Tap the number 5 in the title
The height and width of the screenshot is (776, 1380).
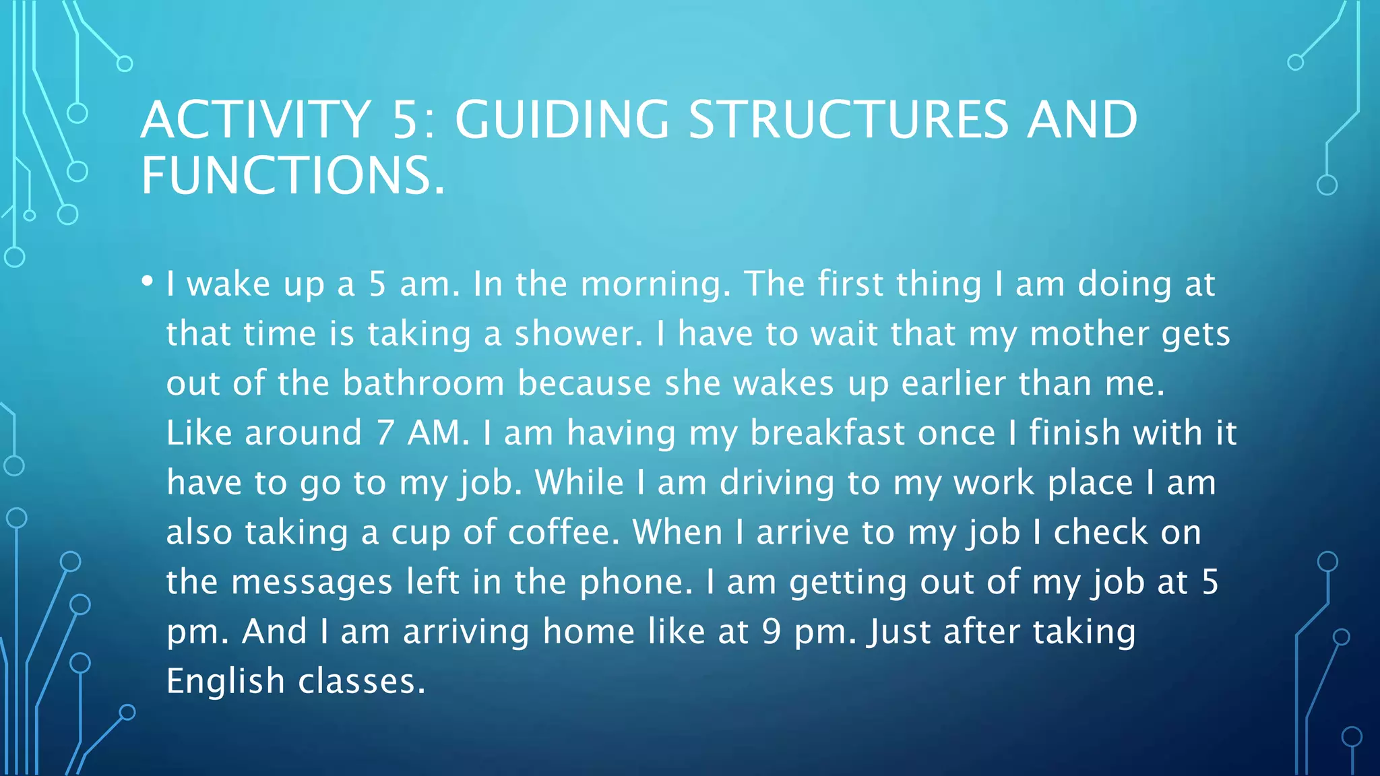tap(406, 120)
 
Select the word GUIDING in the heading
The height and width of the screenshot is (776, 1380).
tap(562, 120)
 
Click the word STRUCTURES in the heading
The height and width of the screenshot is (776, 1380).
tap(848, 120)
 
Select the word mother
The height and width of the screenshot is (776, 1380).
tap(1090, 333)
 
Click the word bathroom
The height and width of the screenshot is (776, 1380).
tap(423, 383)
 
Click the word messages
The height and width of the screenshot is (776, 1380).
tap(312, 582)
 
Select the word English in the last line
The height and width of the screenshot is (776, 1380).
tap(226, 681)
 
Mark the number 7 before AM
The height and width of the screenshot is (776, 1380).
tap(385, 432)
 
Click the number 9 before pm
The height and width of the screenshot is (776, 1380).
tap(772, 632)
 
